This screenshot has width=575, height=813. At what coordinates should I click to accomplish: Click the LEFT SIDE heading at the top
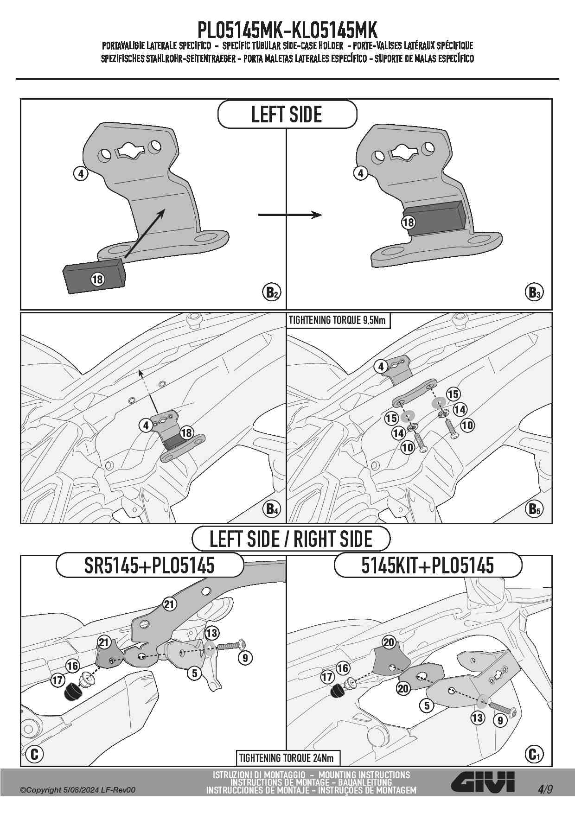pos(287,114)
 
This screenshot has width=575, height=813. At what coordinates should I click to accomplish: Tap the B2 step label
pos(272,292)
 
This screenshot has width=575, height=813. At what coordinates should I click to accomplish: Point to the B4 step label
pos(272,509)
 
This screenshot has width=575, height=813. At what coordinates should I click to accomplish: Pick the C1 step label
pos(534,754)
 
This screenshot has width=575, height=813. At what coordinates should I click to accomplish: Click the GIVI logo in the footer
pos(483,782)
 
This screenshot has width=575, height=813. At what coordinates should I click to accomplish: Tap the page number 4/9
pos(545,789)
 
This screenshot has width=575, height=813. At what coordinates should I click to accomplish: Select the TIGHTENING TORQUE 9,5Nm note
pos(337,320)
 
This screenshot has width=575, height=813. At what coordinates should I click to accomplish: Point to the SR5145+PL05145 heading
pos(149,565)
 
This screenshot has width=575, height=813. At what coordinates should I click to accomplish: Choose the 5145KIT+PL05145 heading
pos(428,565)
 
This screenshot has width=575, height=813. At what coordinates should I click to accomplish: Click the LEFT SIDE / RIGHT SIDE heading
pos(291,539)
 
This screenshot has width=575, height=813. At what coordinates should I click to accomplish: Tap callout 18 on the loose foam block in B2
pos(97,279)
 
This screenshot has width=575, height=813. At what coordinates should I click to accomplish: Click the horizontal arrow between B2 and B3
pos(290,215)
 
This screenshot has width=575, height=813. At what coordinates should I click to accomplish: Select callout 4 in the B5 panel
pos(381,367)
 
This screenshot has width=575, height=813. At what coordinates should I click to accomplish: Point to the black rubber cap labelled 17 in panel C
pos(71,692)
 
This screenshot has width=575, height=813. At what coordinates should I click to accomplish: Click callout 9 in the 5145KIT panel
pos(500,720)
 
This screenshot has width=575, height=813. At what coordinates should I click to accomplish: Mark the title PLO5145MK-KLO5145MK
pos(287,30)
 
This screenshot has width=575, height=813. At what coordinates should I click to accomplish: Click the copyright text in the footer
pos(78,790)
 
